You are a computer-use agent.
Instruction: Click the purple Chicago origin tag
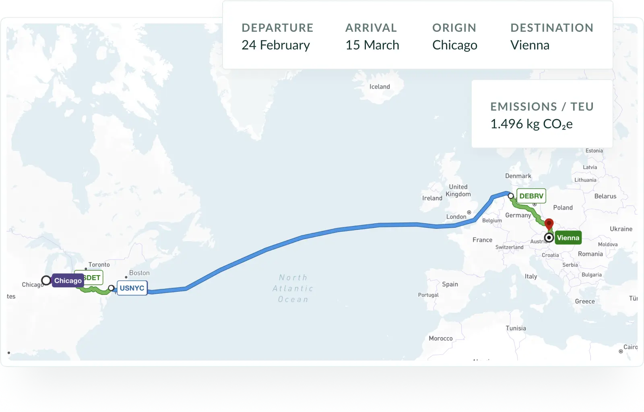(68, 280)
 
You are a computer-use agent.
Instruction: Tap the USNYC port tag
(132, 288)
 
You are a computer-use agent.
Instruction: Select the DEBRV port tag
(531, 196)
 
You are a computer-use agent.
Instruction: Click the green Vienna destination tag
(568, 238)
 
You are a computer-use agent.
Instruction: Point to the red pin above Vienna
(549, 223)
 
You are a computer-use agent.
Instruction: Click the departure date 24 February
(276, 45)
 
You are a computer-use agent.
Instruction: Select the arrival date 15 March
(372, 45)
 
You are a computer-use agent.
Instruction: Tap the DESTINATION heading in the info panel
(552, 28)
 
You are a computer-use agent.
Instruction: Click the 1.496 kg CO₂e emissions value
(531, 124)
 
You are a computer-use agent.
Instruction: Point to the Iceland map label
(380, 87)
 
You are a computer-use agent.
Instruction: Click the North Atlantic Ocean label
(293, 288)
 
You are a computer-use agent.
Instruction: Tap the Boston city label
(139, 273)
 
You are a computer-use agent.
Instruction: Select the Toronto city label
(99, 264)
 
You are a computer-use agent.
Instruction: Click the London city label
(456, 216)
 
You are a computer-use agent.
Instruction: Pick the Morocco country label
(440, 338)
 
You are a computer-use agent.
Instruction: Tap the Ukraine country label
(621, 229)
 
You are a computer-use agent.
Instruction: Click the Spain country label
(450, 284)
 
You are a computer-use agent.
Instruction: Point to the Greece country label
(584, 301)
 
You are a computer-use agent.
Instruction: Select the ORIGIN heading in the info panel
(454, 28)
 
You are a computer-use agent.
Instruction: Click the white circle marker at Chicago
(46, 280)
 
